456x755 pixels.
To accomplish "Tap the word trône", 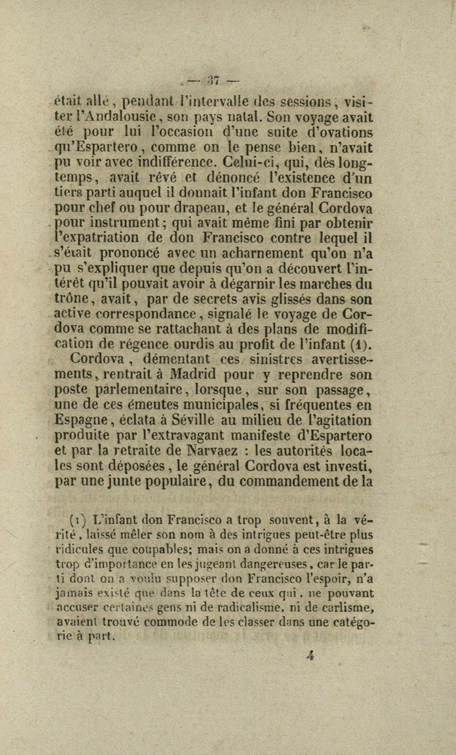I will (x=75, y=298).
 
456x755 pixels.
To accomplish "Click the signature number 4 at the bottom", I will (x=310, y=655).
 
